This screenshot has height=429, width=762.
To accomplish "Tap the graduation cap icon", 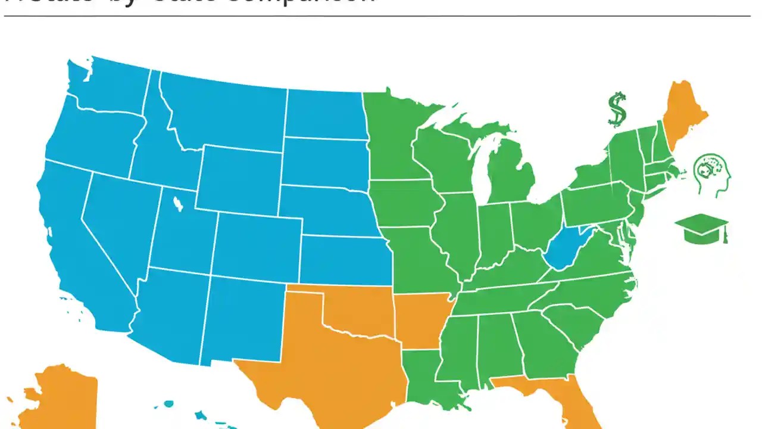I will click(701, 228).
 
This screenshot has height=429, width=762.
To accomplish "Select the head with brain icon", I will click(713, 175).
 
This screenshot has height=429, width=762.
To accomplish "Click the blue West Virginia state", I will click(564, 248).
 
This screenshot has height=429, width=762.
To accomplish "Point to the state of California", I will click(77, 250).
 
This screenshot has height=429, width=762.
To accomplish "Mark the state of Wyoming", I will click(238, 179).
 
